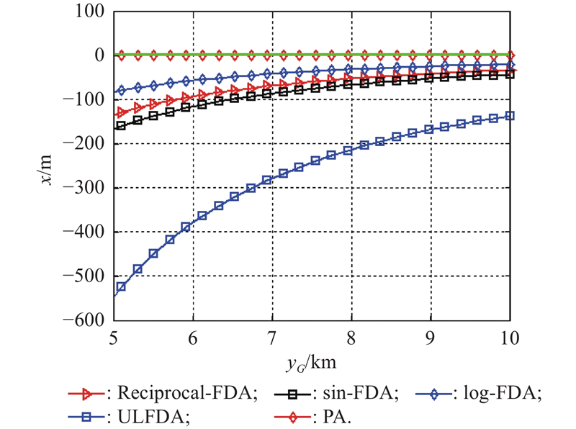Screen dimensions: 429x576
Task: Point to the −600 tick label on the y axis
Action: pos(84,320)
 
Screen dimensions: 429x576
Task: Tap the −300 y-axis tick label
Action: pos(84,189)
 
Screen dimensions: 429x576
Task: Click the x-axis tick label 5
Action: pos(114,335)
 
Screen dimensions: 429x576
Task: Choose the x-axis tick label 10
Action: pos(509,335)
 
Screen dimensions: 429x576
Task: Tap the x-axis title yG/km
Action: pos(312,358)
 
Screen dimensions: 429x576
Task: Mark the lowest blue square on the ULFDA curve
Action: pos(122,286)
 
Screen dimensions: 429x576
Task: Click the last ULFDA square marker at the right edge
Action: pos(510,115)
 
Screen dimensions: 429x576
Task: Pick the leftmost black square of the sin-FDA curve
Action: pos(121,126)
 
